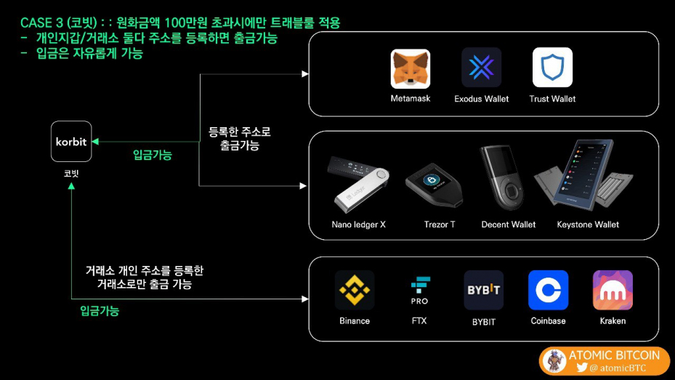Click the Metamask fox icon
coord(411,68)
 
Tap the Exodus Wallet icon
coord(481,68)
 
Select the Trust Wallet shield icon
coord(552,68)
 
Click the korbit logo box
coord(71,142)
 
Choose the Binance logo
coord(355,290)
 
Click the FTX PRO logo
coord(419,290)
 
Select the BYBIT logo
coord(483,290)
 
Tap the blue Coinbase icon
coord(548,290)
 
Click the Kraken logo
coord(613,290)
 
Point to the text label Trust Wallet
coord(552,99)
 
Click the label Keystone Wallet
coord(588,225)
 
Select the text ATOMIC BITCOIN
coord(614,355)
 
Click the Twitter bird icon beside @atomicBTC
coord(581,368)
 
